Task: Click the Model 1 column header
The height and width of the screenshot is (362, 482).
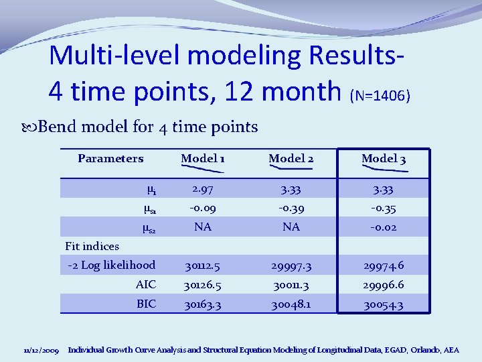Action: click(203, 159)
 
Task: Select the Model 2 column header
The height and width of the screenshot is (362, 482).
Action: click(291, 159)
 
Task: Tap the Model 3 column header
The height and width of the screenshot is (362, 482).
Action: click(384, 159)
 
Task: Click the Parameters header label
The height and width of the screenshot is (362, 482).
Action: click(110, 159)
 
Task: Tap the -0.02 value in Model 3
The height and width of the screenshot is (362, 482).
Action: click(384, 227)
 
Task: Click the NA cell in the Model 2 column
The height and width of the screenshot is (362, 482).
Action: click(291, 227)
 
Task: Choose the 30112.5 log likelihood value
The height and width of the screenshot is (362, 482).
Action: click(203, 267)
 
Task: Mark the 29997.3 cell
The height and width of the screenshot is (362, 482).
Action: click(291, 267)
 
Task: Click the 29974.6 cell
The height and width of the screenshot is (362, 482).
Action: click(384, 267)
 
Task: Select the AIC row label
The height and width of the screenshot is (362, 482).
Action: click(145, 285)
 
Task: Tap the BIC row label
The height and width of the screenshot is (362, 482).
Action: click(145, 304)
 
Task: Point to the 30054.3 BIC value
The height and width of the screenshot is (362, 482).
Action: click(384, 305)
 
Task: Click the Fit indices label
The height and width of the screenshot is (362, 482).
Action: click(92, 246)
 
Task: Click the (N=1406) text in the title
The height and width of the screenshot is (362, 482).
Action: click(380, 96)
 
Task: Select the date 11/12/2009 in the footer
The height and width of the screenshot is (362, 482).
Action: click(41, 350)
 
